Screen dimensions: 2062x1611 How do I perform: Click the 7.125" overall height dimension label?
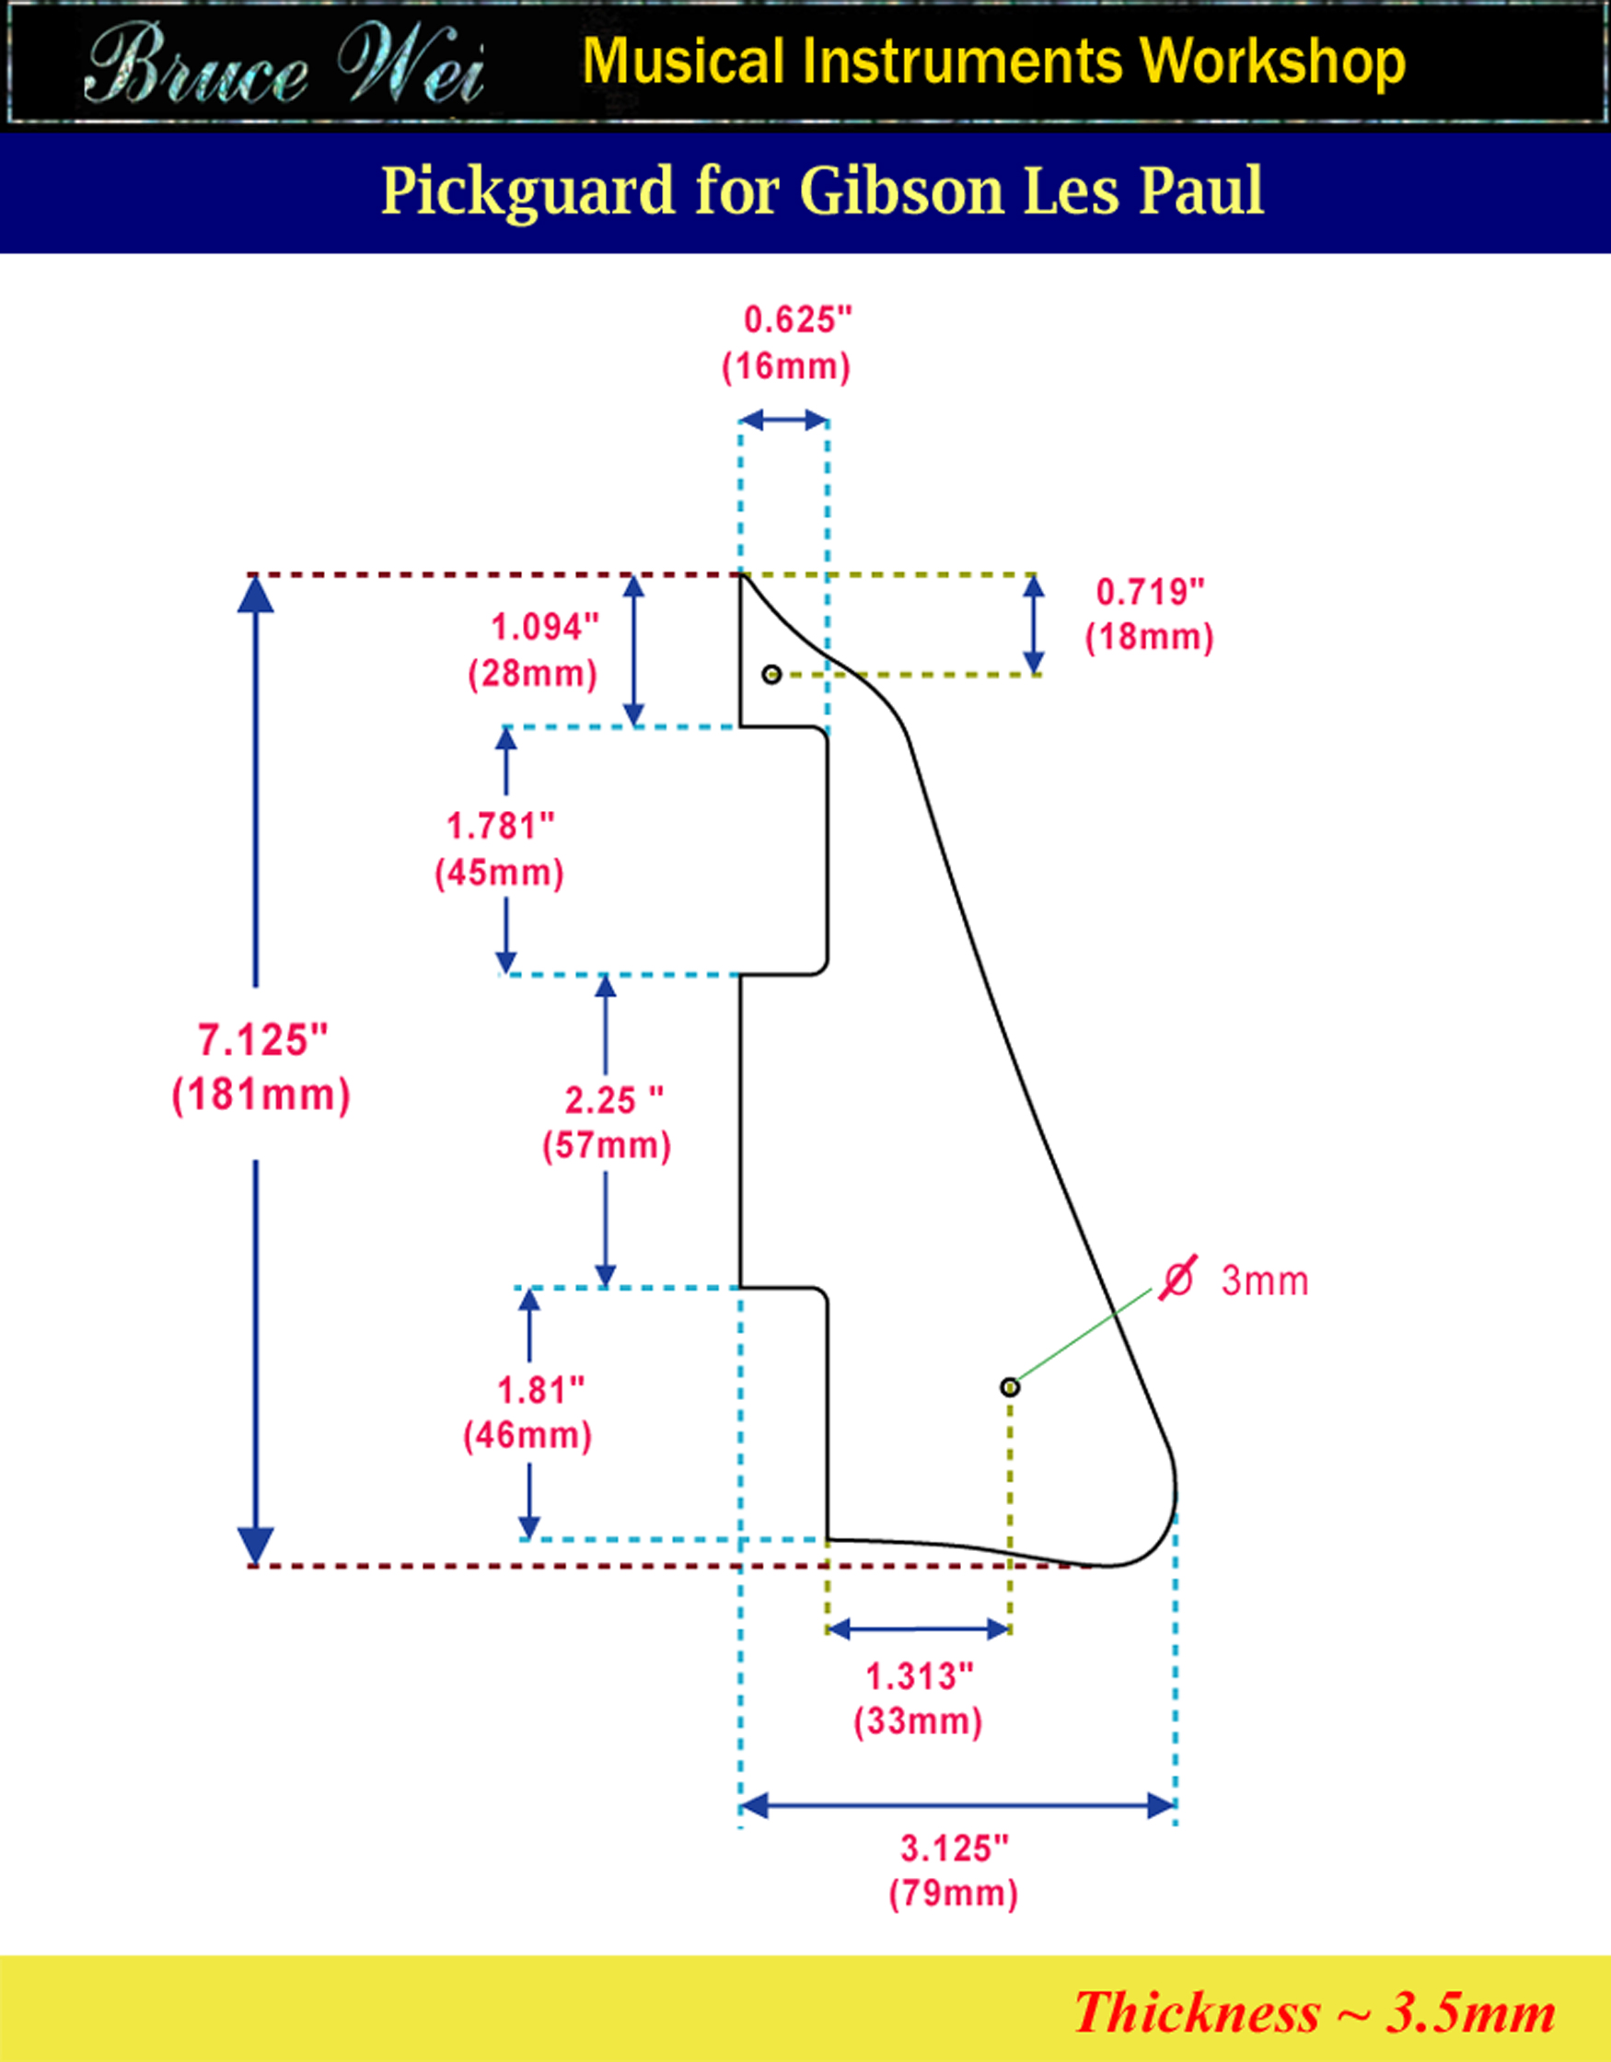pyautogui.click(x=262, y=1040)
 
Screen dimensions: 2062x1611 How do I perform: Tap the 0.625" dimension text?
pyautogui.click(x=797, y=320)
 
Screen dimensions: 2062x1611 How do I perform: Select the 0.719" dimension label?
pyautogui.click(x=1149, y=592)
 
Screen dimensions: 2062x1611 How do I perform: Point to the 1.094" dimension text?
pyautogui.click(x=544, y=627)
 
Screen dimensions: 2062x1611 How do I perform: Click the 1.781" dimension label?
pyautogui.click(x=500, y=826)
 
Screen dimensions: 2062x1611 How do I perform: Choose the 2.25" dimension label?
pyautogui.click(x=613, y=1100)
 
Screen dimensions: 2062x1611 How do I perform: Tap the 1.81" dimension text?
pyautogui.click(x=540, y=1390)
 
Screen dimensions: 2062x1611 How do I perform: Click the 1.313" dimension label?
pyautogui.click(x=919, y=1677)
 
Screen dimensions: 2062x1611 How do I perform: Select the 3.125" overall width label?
pyautogui.click(x=954, y=1848)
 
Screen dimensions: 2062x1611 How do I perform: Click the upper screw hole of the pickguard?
pyautogui.click(x=771, y=674)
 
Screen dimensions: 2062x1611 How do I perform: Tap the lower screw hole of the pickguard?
pyautogui.click(x=1010, y=1387)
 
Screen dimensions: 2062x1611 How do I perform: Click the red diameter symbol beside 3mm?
pyautogui.click(x=1177, y=1280)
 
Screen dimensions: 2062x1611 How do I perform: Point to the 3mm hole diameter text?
pyautogui.click(x=1265, y=1281)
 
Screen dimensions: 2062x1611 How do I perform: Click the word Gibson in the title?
pyautogui.click(x=901, y=191)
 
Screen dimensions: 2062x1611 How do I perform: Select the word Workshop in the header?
pyautogui.click(x=1272, y=63)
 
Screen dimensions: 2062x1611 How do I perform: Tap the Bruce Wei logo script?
pyautogui.click(x=284, y=66)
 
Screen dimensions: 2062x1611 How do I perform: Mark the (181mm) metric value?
pyautogui.click(x=261, y=1095)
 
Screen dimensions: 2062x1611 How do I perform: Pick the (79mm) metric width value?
pyautogui.click(x=954, y=1894)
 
